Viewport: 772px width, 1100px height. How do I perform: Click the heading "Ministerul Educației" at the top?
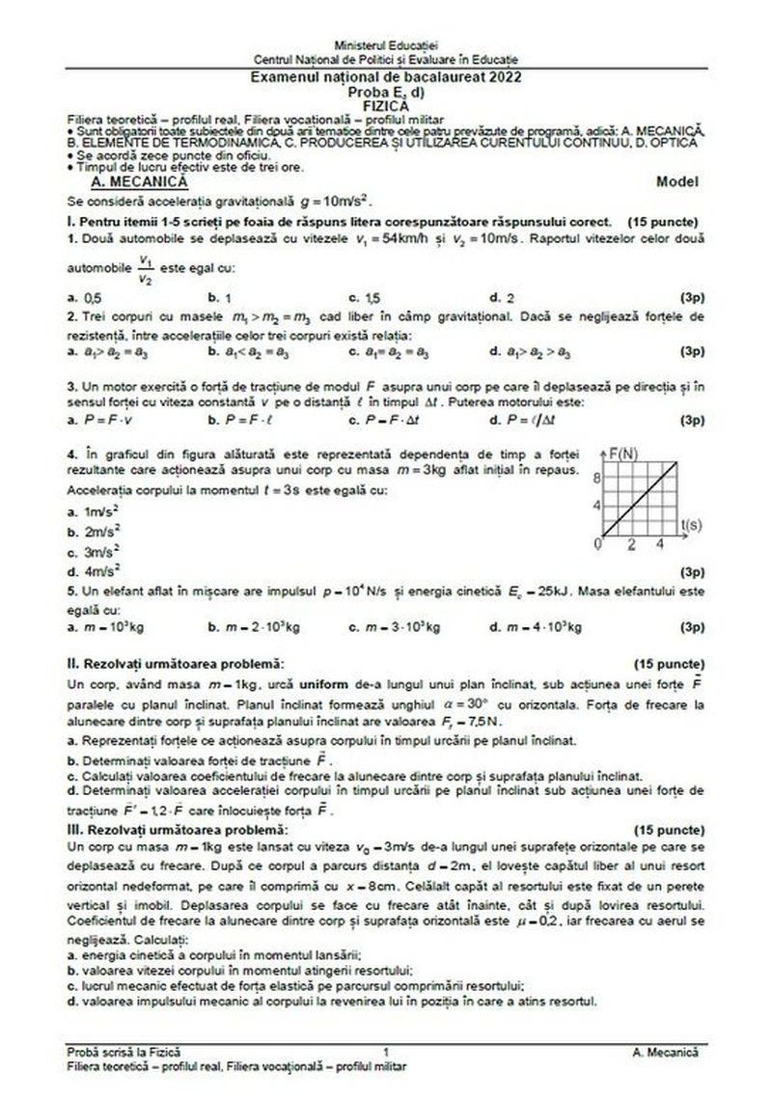(385, 45)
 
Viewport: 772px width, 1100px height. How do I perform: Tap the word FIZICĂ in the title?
(385, 105)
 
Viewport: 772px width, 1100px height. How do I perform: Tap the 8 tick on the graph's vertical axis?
(597, 479)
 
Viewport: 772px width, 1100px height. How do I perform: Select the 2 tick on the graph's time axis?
(630, 546)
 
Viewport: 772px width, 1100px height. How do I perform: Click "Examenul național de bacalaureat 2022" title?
(385, 75)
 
